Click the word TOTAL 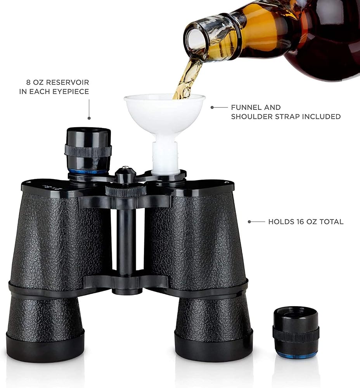[331, 222]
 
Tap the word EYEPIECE [71, 91]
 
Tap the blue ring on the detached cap [296, 353]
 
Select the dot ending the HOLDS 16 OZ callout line [249, 222]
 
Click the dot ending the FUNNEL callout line [212, 107]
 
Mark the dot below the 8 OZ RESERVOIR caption [89, 118]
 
